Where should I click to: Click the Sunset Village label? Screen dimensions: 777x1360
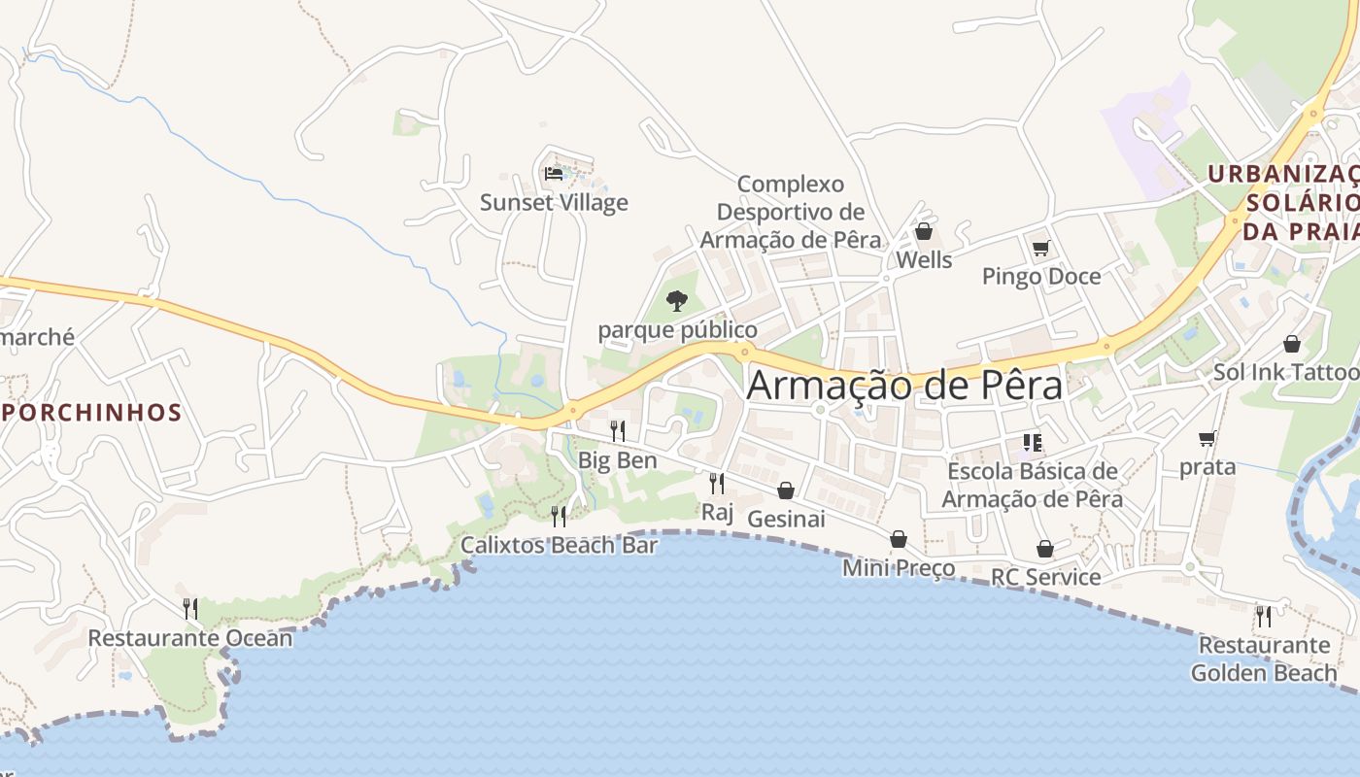pos(554,202)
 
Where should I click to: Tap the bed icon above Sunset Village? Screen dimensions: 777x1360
pos(554,174)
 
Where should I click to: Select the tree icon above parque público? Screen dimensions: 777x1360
pos(677,301)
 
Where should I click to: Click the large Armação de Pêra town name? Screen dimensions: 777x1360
pos(904,385)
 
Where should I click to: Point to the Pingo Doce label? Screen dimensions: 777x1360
pos(1041,277)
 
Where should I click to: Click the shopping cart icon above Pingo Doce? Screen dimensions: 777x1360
pos(1041,249)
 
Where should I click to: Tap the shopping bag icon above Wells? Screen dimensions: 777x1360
pos(924,231)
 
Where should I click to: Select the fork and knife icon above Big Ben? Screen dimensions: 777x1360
pos(618,430)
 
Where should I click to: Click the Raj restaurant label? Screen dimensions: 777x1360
pos(717,512)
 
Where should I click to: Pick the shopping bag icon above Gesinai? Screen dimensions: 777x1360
pos(786,490)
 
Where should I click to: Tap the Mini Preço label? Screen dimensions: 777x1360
pos(899,567)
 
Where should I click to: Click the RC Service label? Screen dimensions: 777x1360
pos(1045,577)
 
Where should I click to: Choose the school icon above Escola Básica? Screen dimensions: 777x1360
pos(1032,444)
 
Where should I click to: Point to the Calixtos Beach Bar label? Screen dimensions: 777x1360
pos(559,545)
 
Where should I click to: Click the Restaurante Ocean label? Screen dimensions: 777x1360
pos(189,638)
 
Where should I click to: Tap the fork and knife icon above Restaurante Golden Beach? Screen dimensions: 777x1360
pos(1263,616)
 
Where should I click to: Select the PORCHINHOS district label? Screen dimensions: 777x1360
pos(91,412)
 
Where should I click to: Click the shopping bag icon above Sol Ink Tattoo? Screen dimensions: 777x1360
pos(1292,344)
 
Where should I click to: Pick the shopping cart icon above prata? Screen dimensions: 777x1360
pos(1207,439)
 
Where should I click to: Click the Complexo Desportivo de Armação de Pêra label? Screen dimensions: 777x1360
pos(791,211)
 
